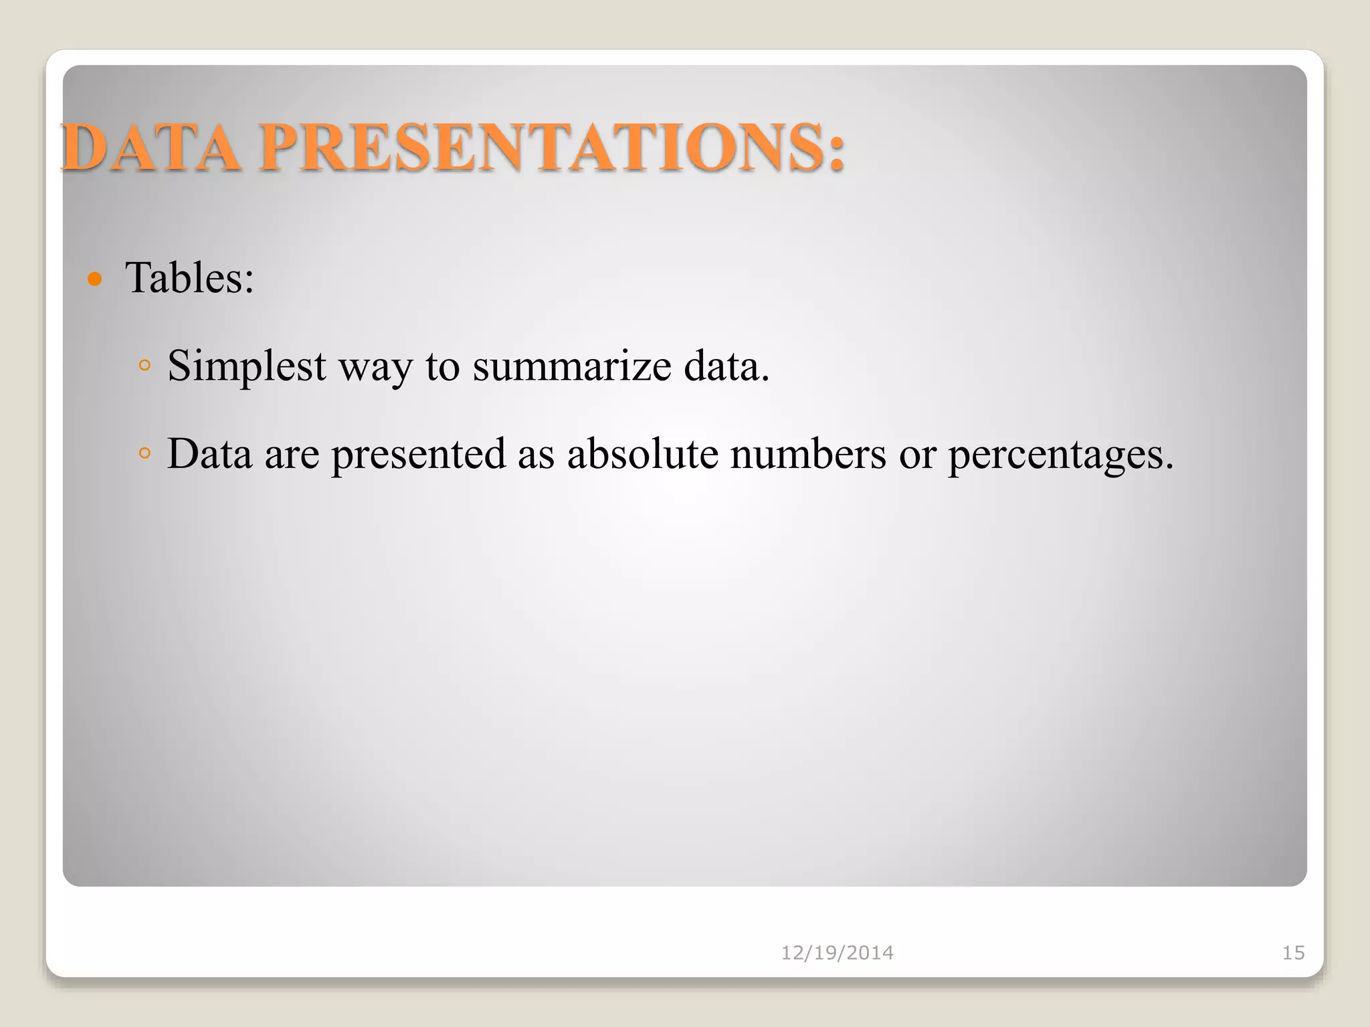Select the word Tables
(x=184, y=277)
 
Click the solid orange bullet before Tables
(x=95, y=279)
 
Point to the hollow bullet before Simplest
(x=144, y=366)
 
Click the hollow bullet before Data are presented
(x=144, y=453)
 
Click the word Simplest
(x=247, y=366)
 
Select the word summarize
(x=572, y=366)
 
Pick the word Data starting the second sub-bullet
(x=209, y=453)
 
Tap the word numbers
(x=808, y=453)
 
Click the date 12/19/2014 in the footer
(x=837, y=953)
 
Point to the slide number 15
(x=1293, y=953)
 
